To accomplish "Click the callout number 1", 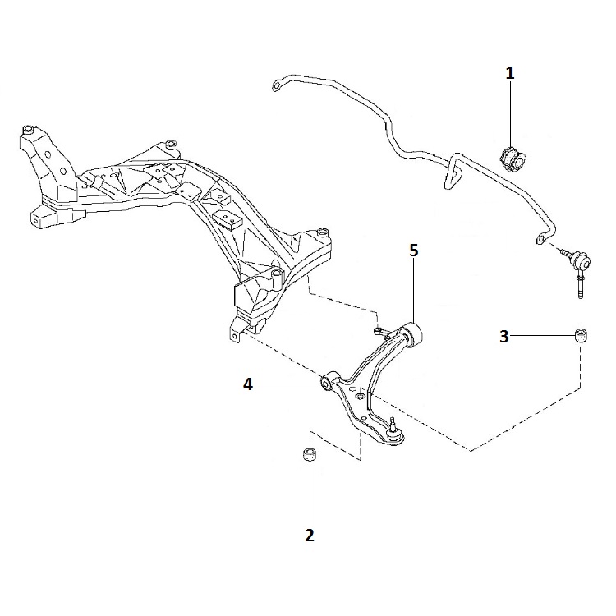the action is [x=509, y=73].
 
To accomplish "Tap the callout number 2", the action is [x=310, y=535].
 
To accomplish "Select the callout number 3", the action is [x=504, y=336].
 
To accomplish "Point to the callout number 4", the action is [x=248, y=384].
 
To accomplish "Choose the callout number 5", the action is [x=414, y=251].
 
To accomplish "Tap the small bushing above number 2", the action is [x=310, y=455].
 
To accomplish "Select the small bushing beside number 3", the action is [x=582, y=335].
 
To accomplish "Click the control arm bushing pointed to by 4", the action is [x=326, y=384].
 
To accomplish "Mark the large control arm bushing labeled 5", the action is [x=413, y=334].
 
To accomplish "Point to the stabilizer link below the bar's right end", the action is [x=577, y=271].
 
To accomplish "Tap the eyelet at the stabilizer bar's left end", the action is [x=277, y=85].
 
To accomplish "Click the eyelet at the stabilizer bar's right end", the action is [x=541, y=238].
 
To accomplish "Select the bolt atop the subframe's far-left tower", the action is [x=28, y=130].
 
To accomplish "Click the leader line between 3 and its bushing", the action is [x=542, y=335].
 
